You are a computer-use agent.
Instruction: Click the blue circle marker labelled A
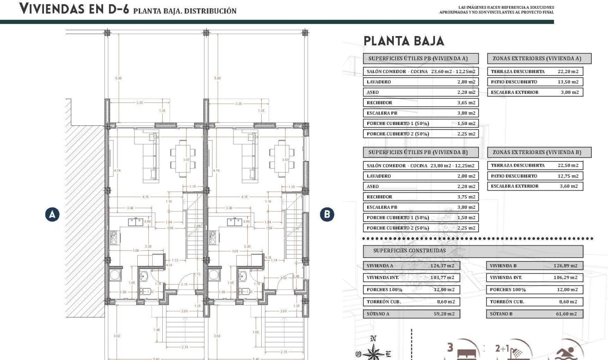pyautogui.click(x=52, y=214)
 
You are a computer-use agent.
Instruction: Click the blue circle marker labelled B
pyautogui.click(x=327, y=214)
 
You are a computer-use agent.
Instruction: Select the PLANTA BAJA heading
pyautogui.click(x=404, y=41)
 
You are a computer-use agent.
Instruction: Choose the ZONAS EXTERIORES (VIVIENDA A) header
pyautogui.click(x=539, y=59)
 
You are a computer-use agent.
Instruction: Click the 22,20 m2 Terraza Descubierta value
pyautogui.click(x=568, y=72)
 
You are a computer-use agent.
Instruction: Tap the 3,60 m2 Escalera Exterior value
pyautogui.click(x=568, y=186)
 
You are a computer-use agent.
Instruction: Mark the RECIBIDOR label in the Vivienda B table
pyautogui.click(x=379, y=197)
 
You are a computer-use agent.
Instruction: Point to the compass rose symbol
pyautogui.click(x=373, y=352)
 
